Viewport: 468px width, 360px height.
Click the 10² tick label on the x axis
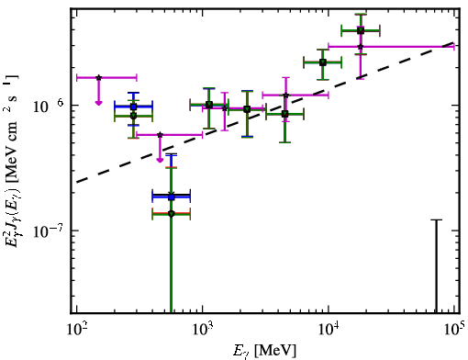tap(76, 330)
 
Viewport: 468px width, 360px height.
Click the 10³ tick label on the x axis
tap(202, 330)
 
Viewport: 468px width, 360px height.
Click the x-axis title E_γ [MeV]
tap(264, 351)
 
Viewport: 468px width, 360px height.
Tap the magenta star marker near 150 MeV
tap(98, 78)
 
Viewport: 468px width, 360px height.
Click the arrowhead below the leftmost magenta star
tap(98, 103)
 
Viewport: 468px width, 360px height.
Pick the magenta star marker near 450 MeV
tap(160, 135)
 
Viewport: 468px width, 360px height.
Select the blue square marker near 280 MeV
tap(133, 107)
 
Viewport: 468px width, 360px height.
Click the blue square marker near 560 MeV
tap(172, 197)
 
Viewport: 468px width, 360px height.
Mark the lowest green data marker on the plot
tap(172, 214)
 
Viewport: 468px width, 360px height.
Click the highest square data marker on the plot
tap(361, 30)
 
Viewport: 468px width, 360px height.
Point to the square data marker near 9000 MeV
tap(322, 62)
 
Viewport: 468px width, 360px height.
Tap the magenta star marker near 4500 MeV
tap(285, 96)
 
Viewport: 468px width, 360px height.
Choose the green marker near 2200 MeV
tap(247, 109)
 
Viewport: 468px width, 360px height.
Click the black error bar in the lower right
tap(437, 265)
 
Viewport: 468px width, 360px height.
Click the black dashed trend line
tap(265, 112)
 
